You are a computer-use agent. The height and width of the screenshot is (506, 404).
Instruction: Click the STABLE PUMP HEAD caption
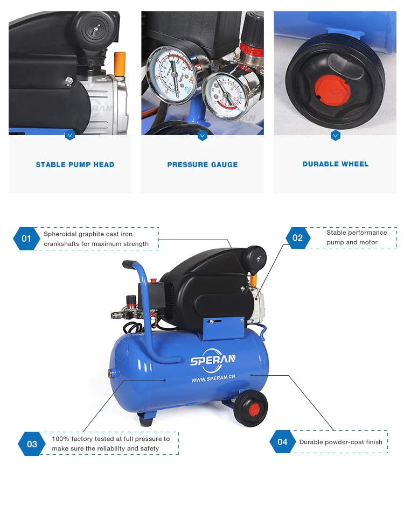point(75,165)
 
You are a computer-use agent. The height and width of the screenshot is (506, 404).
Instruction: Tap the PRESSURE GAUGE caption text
point(202,165)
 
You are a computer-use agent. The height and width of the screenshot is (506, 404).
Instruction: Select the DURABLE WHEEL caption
point(335,164)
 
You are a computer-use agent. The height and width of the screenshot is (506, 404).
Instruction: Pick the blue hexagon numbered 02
point(297,237)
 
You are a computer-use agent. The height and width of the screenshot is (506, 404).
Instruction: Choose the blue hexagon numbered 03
point(32,444)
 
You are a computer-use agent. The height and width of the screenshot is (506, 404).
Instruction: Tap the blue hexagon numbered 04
point(283,442)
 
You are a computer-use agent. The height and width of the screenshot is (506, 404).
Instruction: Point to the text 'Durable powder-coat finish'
point(340,442)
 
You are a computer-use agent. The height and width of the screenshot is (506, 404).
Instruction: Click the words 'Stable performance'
point(357,233)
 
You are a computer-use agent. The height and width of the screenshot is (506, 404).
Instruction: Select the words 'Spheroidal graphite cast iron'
point(88,234)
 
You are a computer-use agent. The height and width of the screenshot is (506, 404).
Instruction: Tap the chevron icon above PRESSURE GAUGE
point(203,136)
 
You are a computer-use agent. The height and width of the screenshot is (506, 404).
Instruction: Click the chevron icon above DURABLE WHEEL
point(335,136)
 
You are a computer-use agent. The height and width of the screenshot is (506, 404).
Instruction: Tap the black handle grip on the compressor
point(130,264)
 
